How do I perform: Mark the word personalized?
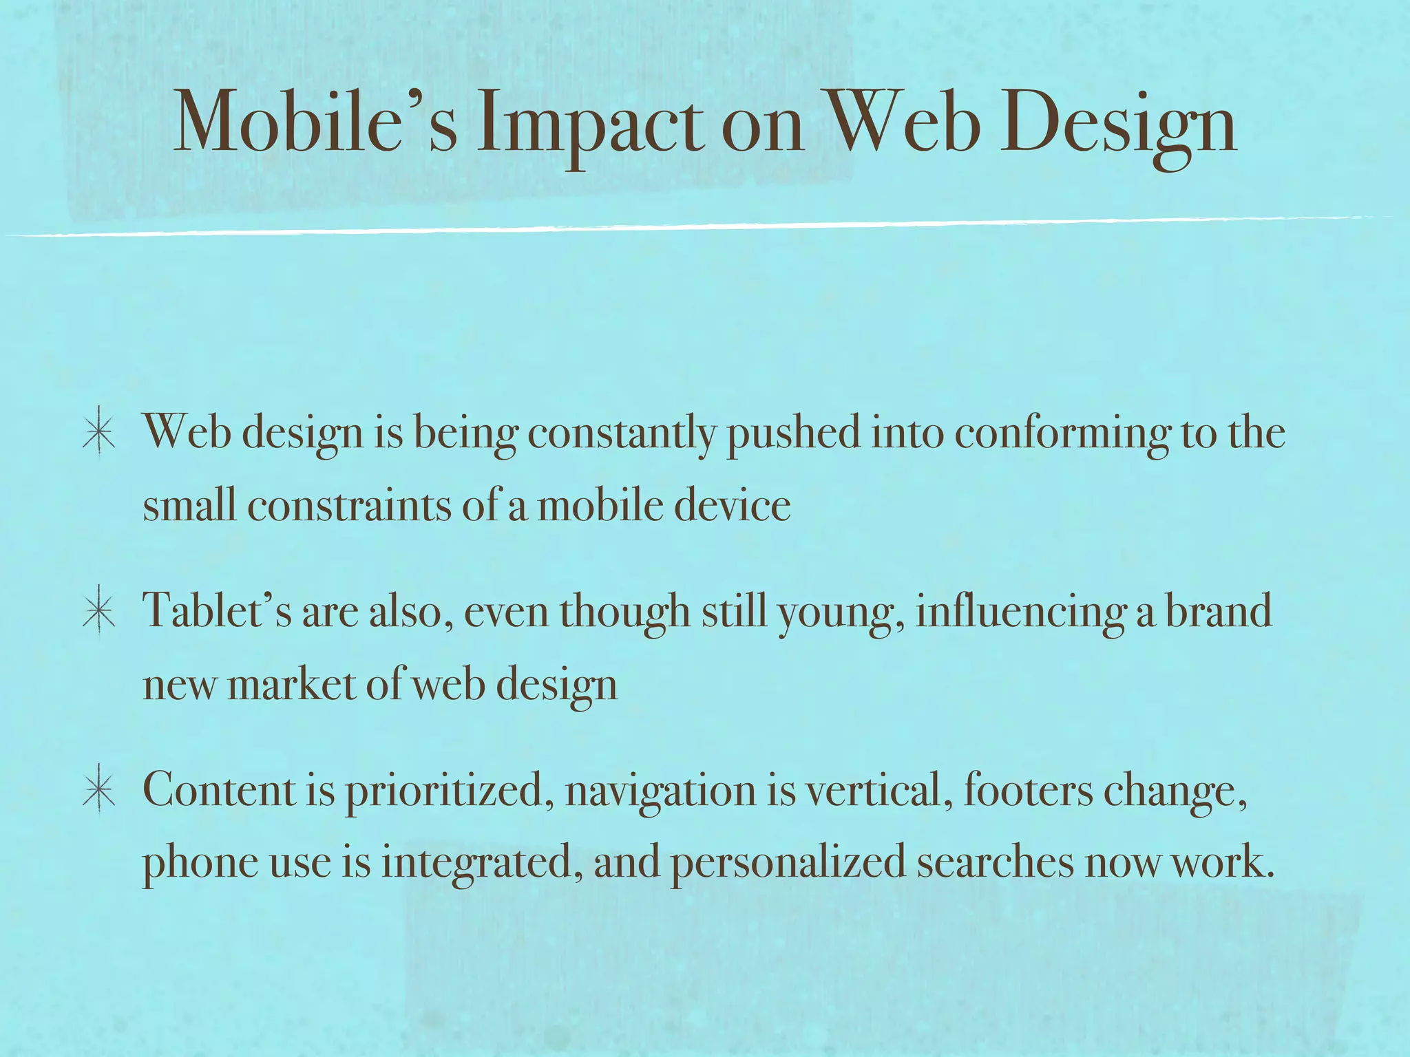(x=788, y=863)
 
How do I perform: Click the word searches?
(x=995, y=862)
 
